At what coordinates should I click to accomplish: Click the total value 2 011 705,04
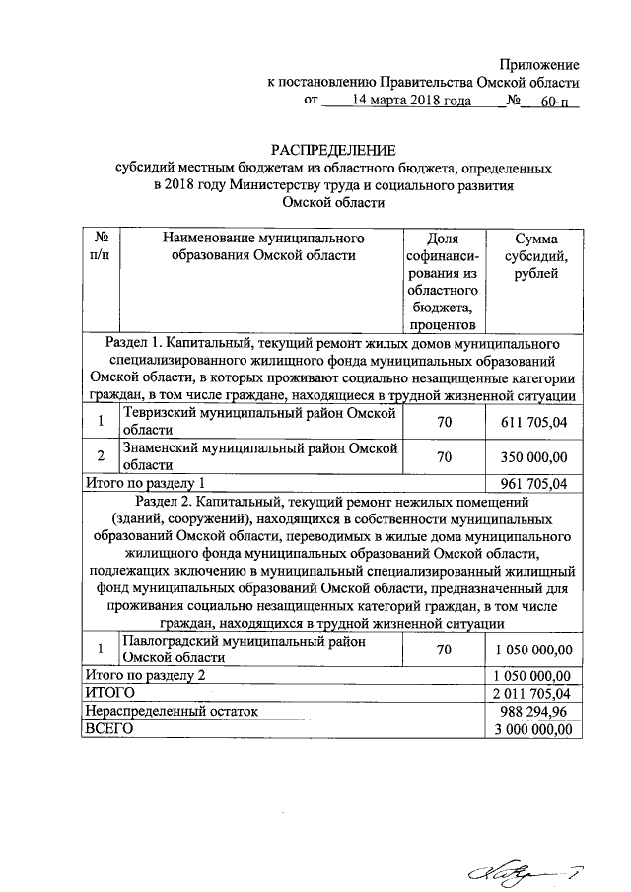(x=533, y=694)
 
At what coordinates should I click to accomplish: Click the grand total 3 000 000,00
(x=533, y=729)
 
